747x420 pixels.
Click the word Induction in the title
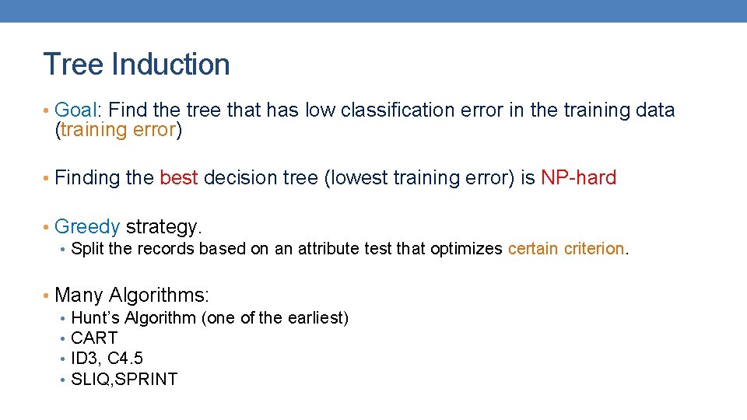[x=170, y=64]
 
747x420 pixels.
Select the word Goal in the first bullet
[x=75, y=110]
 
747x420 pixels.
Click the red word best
[x=178, y=178]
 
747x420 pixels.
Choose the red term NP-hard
[x=578, y=178]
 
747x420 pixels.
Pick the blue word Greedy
[x=87, y=227]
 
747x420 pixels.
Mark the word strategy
[x=163, y=227]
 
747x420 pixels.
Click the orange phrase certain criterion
[x=566, y=249]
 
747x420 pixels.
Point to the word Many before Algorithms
[x=79, y=296]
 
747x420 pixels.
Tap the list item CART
[x=94, y=338]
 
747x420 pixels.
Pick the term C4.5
[x=124, y=359]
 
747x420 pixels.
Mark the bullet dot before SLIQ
[x=61, y=380]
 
